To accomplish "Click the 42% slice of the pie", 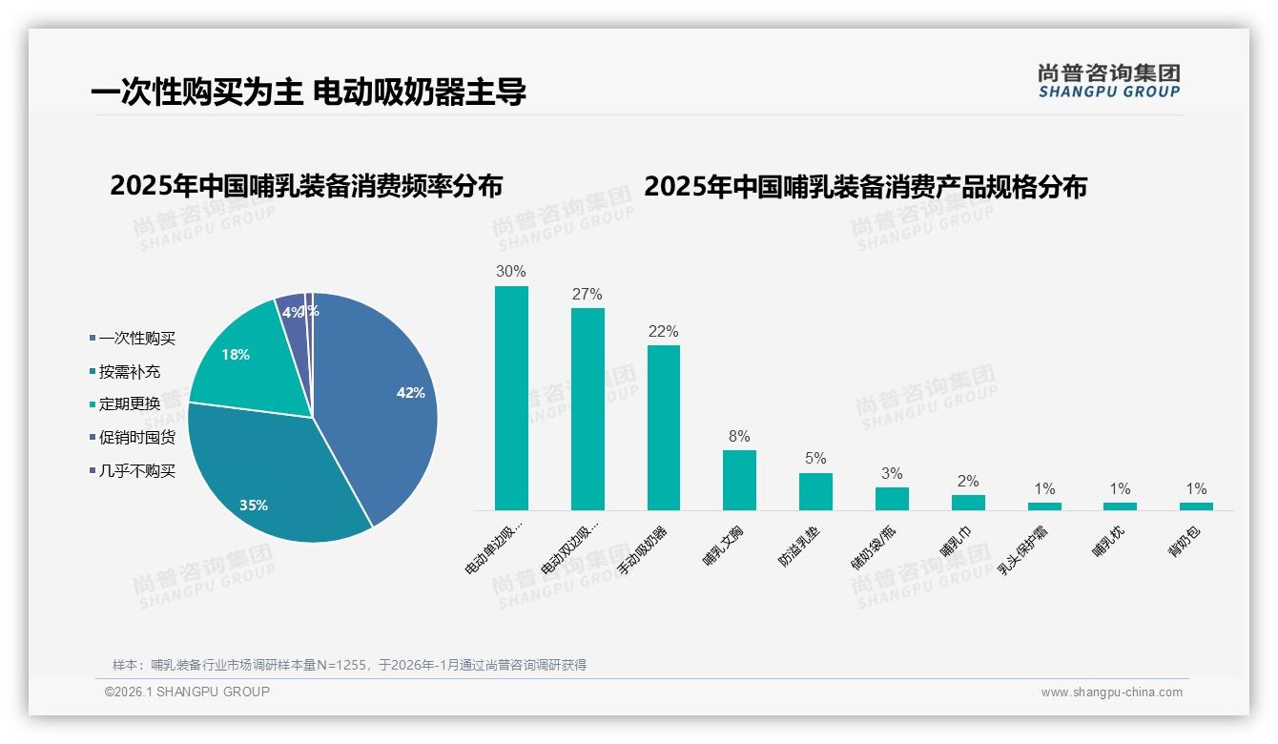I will (381, 401).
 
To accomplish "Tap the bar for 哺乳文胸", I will (739, 480).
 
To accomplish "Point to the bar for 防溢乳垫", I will (815, 491).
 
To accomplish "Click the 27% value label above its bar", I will (587, 295).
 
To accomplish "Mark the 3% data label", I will (892, 474).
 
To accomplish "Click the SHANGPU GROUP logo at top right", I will (1108, 80).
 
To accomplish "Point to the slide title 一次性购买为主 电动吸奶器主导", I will (308, 93).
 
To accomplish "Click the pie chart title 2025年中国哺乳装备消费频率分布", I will (306, 186).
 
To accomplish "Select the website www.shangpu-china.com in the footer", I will (1111, 692).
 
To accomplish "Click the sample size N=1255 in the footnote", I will (341, 665).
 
